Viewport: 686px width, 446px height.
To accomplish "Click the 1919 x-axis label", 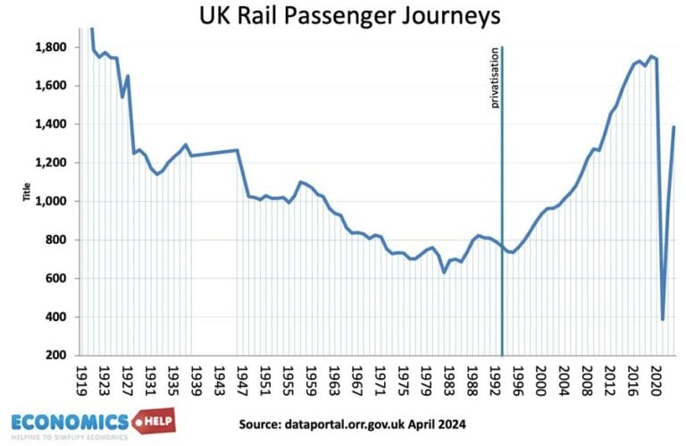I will coord(80,375).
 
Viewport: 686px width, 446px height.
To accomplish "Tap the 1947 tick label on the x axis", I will coord(241,375).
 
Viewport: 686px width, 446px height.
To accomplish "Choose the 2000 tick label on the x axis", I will coord(540,375).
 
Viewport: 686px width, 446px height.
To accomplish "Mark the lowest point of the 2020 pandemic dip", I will coord(662,319).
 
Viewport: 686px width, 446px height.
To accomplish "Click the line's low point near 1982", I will coord(444,272).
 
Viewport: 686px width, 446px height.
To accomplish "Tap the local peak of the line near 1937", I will coord(186,145).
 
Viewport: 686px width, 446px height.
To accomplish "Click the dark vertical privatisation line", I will coord(502,223).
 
